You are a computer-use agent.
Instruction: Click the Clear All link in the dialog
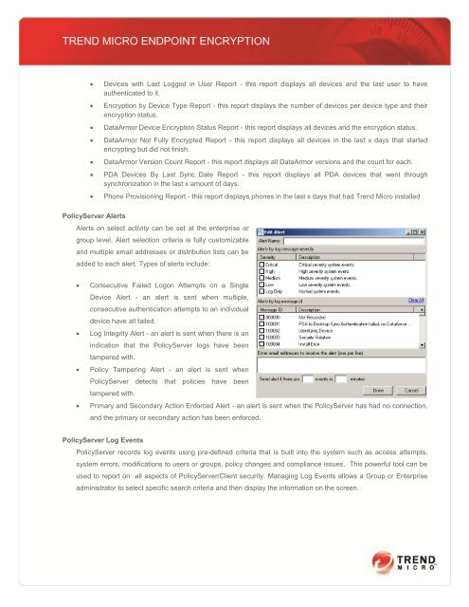(x=417, y=300)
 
